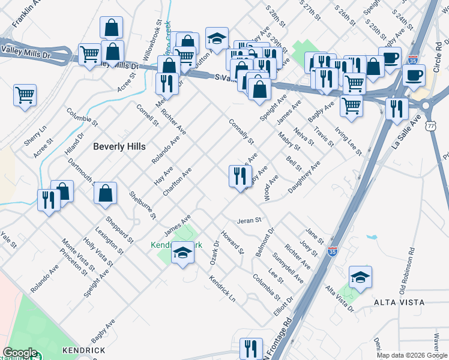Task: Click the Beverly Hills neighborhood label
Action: [x=119, y=146]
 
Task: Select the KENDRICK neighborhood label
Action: [x=83, y=350]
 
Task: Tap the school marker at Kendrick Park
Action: [x=182, y=254]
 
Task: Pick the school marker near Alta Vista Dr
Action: [x=360, y=278]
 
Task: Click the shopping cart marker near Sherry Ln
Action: [x=25, y=95]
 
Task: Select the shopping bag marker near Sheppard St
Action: [x=105, y=194]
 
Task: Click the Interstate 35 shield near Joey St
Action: [x=333, y=252]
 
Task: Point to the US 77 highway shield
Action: [x=431, y=126]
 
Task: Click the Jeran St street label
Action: [x=250, y=220]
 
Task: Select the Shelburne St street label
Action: [x=142, y=205]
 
